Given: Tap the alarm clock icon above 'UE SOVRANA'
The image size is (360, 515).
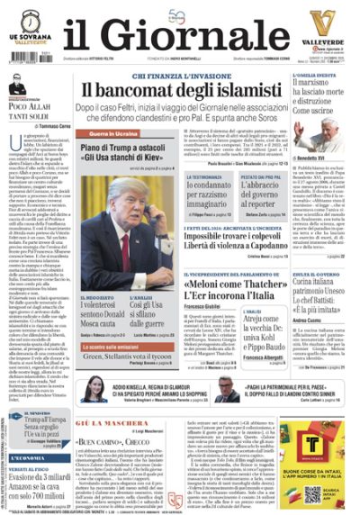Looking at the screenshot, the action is (x=31, y=19).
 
